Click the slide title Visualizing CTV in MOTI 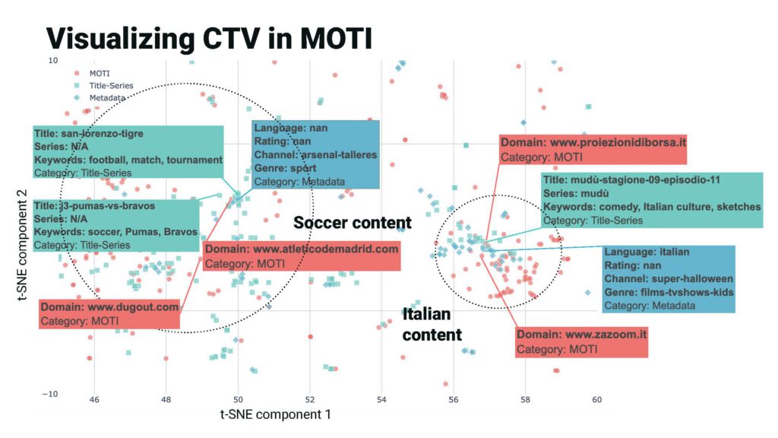(209, 37)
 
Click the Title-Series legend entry (111, 86)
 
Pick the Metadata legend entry (107, 98)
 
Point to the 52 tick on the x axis (309, 399)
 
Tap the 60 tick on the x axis (596, 399)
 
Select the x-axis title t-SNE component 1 (275, 415)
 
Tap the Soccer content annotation (352, 223)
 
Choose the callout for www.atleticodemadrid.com (301, 256)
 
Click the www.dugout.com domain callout (109, 314)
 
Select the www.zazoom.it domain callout (581, 341)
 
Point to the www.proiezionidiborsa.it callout (593, 149)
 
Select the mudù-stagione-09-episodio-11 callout (652, 200)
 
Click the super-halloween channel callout (669, 279)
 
